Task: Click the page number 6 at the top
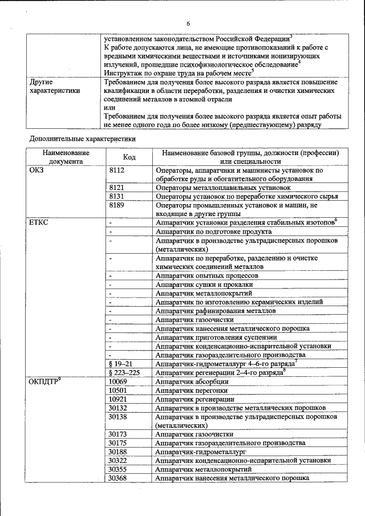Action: coord(188,23)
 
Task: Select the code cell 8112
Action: coord(116,170)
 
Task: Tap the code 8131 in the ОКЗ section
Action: coord(116,196)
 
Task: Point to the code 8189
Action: coord(116,204)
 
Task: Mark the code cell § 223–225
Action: coord(123,372)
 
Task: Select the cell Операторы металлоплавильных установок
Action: coord(224,187)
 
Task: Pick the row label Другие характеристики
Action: coord(55,86)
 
